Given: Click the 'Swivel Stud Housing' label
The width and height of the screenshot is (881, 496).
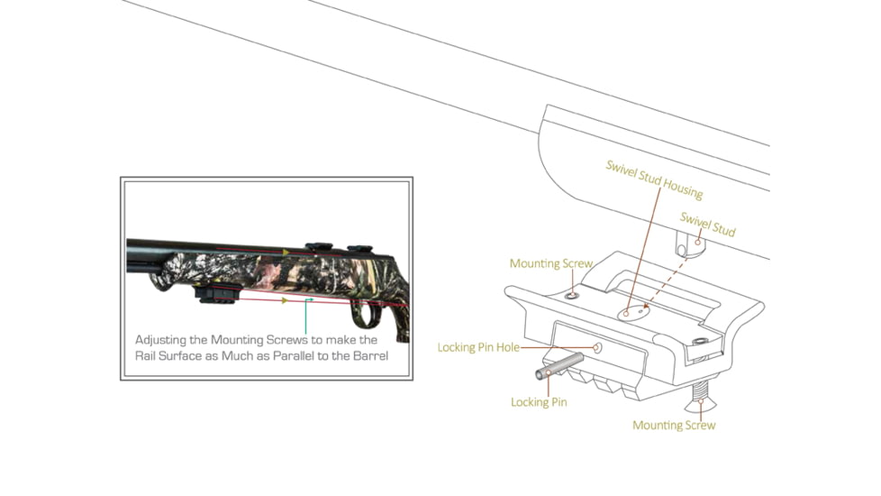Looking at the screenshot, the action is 654,179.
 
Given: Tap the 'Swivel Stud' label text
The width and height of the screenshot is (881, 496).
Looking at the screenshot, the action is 707,225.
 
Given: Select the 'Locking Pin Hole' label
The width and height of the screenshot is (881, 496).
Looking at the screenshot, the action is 478,347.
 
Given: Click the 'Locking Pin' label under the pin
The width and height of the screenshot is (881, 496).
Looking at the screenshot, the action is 539,402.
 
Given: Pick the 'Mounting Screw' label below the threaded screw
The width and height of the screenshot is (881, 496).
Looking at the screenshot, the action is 674,425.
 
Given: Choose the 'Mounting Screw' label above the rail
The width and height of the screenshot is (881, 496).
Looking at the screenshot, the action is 551,263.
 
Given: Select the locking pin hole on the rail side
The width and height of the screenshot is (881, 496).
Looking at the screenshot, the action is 596,348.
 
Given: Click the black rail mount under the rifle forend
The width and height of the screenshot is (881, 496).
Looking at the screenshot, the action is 217,294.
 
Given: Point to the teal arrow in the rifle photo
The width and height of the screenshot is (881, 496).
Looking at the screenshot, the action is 305,317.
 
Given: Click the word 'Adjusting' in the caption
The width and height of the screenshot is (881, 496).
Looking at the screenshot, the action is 160,340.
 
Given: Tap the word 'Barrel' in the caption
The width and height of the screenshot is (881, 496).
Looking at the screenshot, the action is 370,356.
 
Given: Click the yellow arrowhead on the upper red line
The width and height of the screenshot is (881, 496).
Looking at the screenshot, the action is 286,253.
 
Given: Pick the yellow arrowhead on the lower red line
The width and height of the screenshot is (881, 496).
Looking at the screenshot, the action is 286,301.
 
